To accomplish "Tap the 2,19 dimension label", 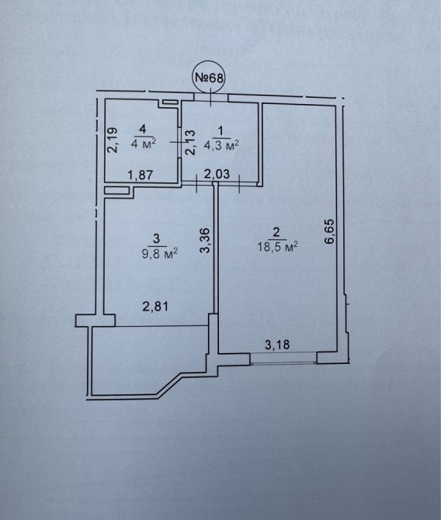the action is coord(113,140).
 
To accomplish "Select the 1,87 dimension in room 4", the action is coord(141,175).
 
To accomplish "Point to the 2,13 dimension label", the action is coord(190,142).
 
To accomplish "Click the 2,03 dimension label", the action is coord(217,174).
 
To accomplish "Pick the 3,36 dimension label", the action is coord(206,241).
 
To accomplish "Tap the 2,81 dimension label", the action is coord(155,307).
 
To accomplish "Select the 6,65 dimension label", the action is coord(330,231).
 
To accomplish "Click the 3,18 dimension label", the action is coord(277,345).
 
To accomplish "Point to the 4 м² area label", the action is coord(144,144).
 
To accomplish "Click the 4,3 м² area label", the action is coord(221,146).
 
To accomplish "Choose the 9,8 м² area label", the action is coord(160,254).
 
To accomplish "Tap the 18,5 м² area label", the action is coord(277,247).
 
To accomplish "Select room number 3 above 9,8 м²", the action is coord(157,238).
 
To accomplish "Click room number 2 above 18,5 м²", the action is coord(276,232).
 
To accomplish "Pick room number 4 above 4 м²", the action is coord(143,130).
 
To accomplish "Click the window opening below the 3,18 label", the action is coord(283,359).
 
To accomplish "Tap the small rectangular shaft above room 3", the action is coord(116,190).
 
